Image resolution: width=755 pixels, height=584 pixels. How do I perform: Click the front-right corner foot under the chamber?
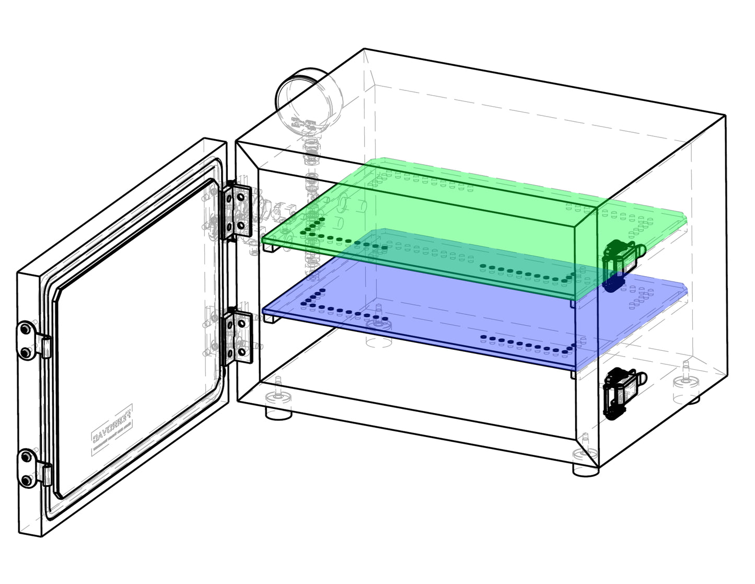585,470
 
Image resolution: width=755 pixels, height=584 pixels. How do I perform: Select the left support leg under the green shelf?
270,249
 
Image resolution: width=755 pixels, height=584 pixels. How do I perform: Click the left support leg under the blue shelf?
270,318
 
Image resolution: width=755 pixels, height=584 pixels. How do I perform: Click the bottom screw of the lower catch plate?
25,480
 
